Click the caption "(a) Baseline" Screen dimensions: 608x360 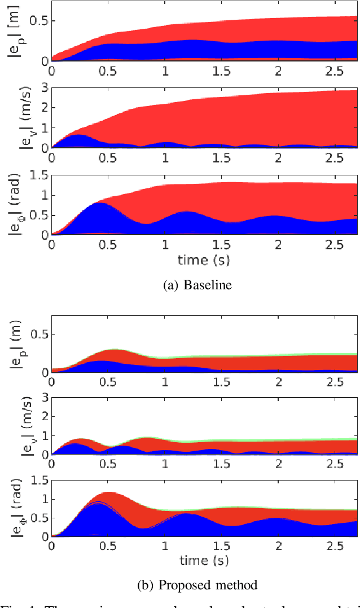click(197, 285)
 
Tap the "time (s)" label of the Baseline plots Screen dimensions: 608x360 click(204, 260)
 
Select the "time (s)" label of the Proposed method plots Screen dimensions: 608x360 click(204, 560)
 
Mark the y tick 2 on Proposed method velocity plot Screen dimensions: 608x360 click(43, 418)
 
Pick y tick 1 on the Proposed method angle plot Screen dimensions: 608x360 click(43, 499)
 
